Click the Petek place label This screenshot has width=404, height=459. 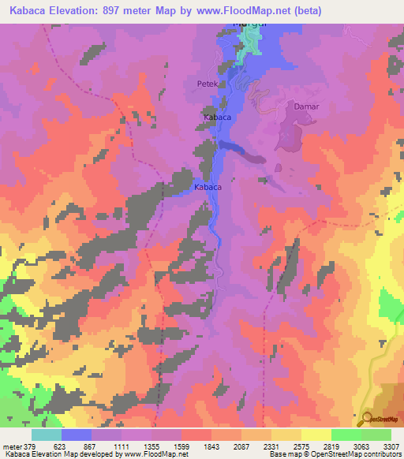coord(206,82)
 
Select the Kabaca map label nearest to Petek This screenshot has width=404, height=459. coord(218,118)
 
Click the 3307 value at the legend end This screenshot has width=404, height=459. coord(389,446)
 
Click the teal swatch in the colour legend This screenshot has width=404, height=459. coord(47,435)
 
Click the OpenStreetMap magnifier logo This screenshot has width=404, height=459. coord(366,418)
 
